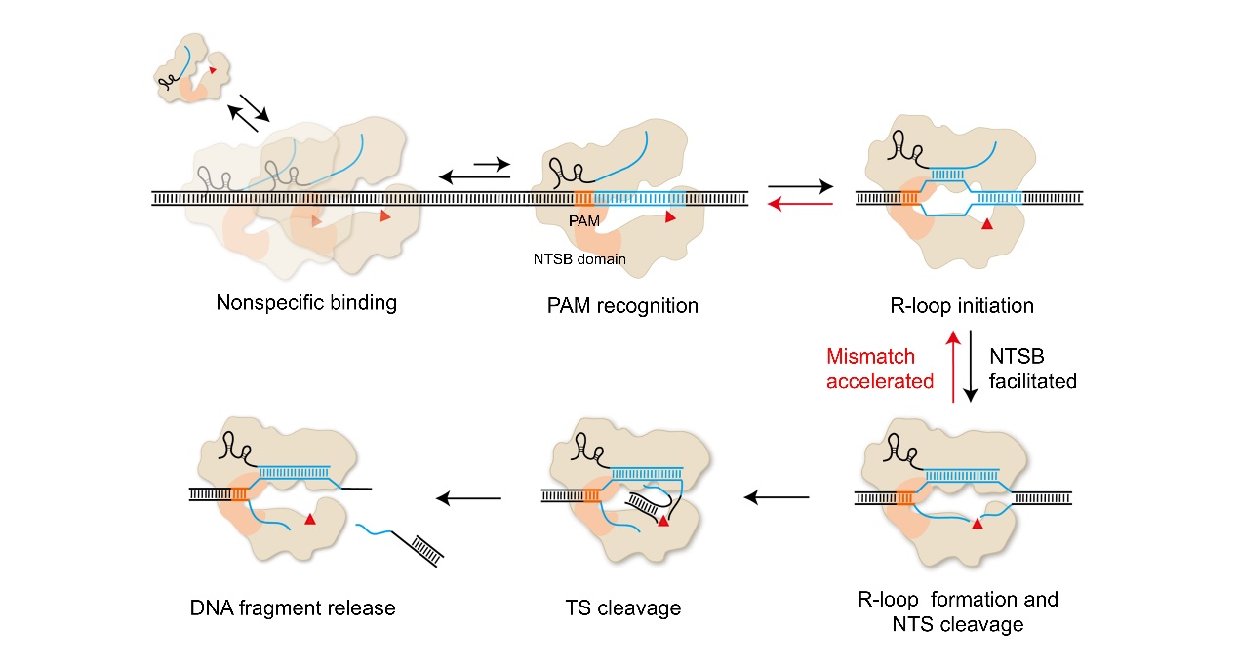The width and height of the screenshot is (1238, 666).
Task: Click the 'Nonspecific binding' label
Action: click(306, 302)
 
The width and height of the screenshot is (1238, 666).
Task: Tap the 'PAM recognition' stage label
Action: click(622, 306)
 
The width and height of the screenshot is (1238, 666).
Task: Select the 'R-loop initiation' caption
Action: click(963, 306)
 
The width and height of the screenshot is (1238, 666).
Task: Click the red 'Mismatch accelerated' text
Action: click(880, 369)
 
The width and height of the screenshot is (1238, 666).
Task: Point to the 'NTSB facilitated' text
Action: click(1033, 369)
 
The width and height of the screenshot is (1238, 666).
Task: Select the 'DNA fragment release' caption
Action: click(293, 608)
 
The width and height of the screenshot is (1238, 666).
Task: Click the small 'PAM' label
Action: click(582, 222)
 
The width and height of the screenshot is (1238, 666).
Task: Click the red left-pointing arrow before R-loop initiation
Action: click(801, 203)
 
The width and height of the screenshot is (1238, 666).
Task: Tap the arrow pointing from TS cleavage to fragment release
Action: click(468, 498)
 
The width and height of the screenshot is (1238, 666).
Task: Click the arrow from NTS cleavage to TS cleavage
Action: click(777, 498)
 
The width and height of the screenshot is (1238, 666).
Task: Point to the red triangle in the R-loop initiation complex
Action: click(987, 225)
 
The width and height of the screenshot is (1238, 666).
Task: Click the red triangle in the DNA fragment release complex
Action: click(310, 521)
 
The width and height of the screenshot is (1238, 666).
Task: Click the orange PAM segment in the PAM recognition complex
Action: click(583, 199)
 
